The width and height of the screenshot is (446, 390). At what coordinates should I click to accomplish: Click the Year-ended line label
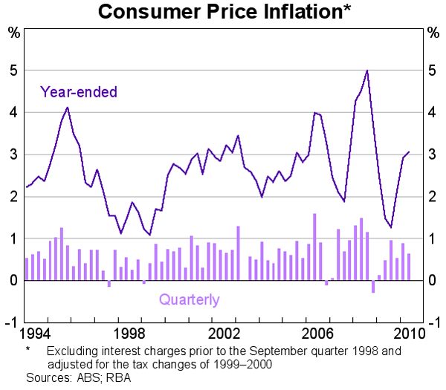[x=79, y=92]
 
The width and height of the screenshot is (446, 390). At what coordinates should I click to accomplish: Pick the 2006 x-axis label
[x=317, y=332]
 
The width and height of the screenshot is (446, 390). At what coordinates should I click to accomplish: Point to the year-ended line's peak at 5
[x=367, y=71]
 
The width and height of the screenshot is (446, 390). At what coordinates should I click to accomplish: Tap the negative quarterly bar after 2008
[x=373, y=287]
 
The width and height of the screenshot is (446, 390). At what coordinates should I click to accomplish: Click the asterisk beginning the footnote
[x=28, y=349]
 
